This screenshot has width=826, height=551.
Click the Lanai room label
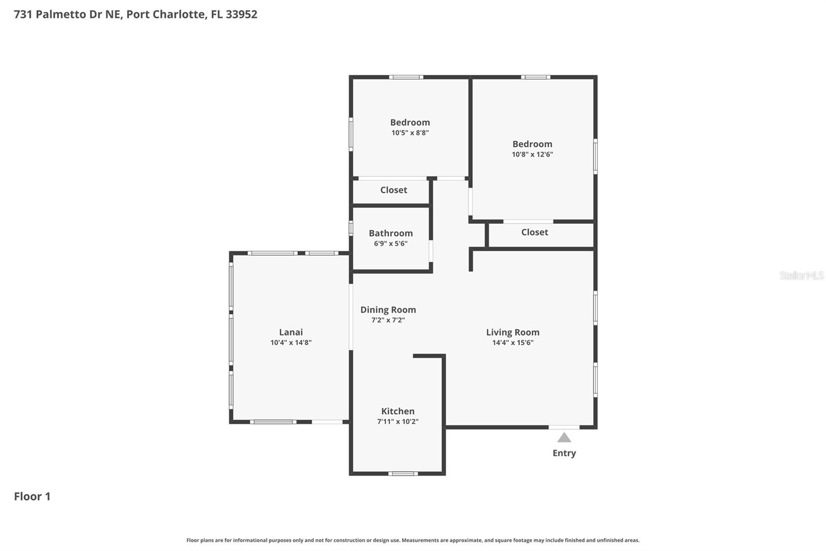coord(291,332)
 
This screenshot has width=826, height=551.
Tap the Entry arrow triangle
coord(564,438)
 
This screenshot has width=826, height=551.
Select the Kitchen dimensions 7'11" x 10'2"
coord(398,422)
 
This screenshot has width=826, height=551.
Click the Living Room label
coord(513,332)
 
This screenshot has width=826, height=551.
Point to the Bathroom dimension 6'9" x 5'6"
coord(391,243)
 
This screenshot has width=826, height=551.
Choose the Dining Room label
coord(388,310)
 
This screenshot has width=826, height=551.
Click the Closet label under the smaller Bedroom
coord(393,190)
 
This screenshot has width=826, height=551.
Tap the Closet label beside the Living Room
coord(534,233)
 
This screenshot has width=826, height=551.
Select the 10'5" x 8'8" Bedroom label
coord(410,123)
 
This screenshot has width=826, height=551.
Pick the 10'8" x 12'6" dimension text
coord(532,155)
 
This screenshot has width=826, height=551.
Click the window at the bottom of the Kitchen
coord(403,473)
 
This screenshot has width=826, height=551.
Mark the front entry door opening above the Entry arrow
coord(564,427)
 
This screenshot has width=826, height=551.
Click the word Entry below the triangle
coord(564,453)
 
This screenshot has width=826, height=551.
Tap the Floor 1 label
coord(32,497)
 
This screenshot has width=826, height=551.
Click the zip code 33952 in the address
coord(241,14)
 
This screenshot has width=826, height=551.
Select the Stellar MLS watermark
coord(801,275)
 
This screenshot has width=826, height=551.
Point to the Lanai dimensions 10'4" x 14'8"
coord(291,343)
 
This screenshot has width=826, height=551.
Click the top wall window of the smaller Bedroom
coord(406,78)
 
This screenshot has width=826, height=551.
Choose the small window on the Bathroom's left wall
coord(351,228)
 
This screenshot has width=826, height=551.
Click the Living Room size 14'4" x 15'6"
coord(513,343)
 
